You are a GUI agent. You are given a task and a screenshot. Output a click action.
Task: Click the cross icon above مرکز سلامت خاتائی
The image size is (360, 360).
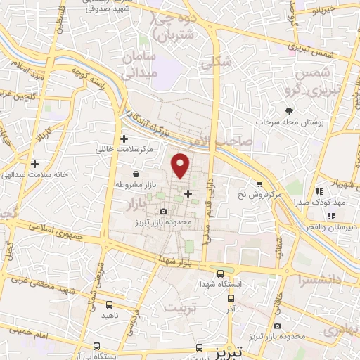[125, 139]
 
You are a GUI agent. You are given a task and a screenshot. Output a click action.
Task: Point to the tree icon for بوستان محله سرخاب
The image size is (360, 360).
[290, 112]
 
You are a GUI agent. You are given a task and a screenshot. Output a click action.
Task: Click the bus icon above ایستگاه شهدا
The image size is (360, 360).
[221, 273]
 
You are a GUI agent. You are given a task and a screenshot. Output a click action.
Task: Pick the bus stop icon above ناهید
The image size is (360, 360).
[108, 305]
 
